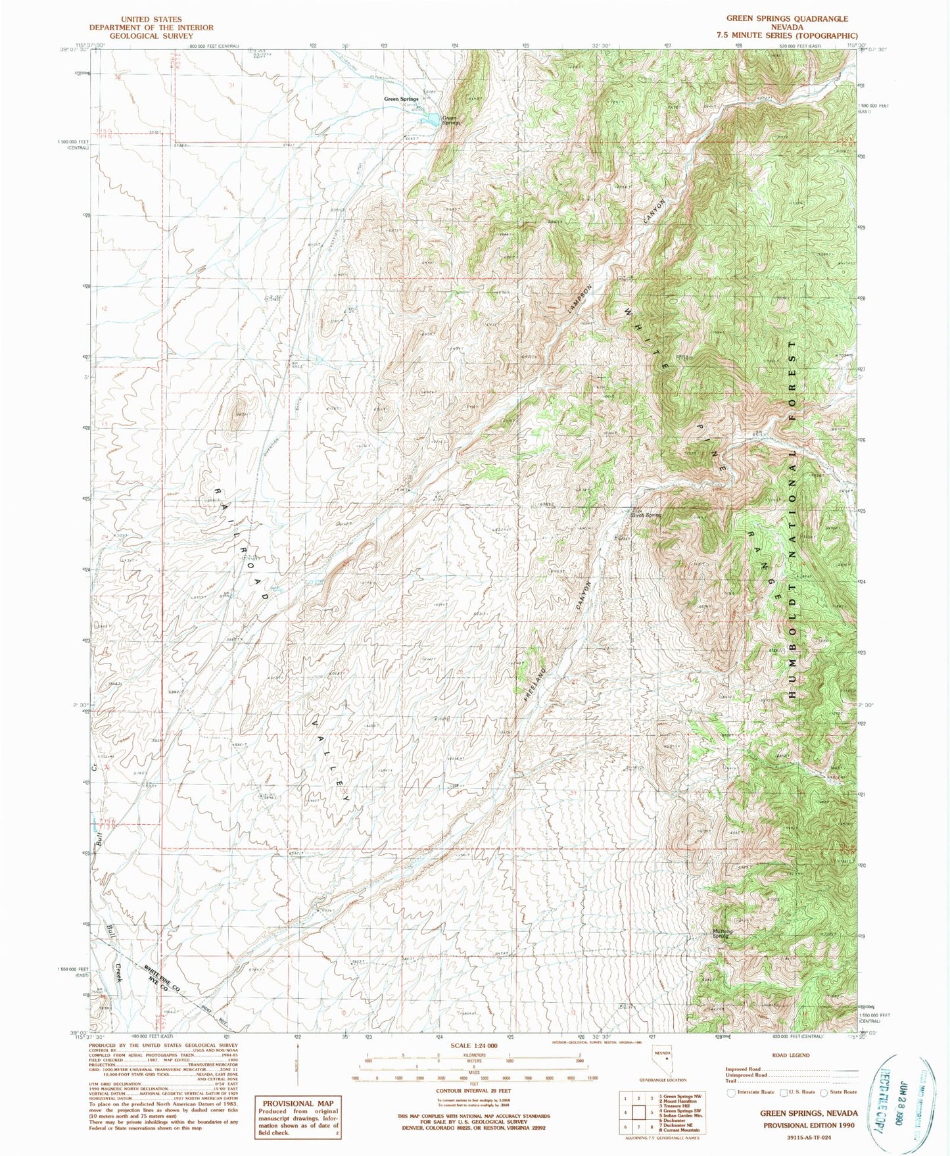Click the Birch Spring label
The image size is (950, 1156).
click(646, 515)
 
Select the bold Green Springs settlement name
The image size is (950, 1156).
click(401, 99)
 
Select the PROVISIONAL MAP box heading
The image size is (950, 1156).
click(298, 1103)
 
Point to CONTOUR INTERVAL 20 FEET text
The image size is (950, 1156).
click(474, 1090)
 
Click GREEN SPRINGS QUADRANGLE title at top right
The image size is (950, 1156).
click(786, 19)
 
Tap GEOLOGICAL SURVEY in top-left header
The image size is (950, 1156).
click(151, 36)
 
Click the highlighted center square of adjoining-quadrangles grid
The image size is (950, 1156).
click(639, 1113)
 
